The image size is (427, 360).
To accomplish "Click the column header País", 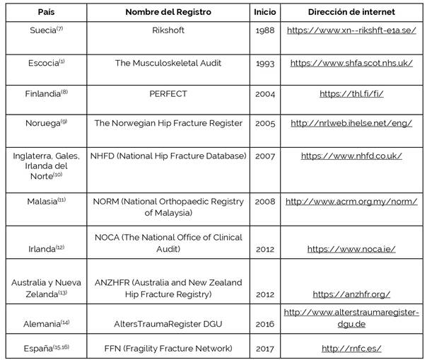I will click(44, 12).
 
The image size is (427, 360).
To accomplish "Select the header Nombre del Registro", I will click(168, 12).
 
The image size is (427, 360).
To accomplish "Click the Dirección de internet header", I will click(351, 12).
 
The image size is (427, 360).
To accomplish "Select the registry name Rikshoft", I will click(168, 31).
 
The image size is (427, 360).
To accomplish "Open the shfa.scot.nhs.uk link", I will click(351, 63).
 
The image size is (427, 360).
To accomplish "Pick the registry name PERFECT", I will click(168, 93).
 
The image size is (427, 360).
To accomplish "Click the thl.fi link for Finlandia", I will click(351, 93).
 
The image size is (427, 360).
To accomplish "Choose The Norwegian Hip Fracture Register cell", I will click(168, 123).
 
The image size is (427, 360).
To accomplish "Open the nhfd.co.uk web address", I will click(351, 156).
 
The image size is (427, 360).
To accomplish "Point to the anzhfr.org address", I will click(351, 294).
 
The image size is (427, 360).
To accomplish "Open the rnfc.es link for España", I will click(351, 348).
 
